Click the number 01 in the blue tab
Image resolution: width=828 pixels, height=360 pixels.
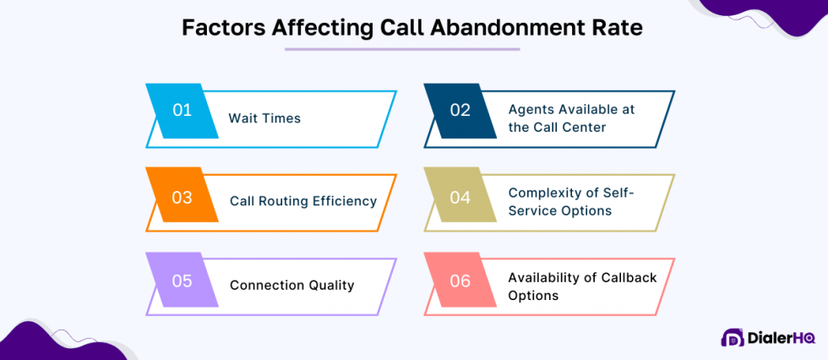[x=182, y=110]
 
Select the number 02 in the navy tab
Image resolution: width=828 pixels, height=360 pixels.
[x=460, y=110]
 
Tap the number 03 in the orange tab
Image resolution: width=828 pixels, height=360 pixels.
[x=182, y=198]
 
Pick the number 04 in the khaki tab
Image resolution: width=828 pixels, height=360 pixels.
[x=460, y=198]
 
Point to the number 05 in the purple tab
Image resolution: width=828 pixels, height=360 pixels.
[x=182, y=281]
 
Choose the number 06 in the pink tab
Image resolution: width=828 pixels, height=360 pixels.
[x=460, y=281]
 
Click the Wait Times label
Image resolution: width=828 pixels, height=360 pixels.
[x=264, y=118]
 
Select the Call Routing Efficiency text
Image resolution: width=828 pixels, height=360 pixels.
[x=303, y=201]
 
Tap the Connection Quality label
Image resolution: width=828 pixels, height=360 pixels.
[x=291, y=285]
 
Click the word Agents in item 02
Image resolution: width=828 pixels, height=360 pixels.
[x=531, y=110]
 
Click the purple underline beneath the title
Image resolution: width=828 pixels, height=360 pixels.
[x=401, y=49]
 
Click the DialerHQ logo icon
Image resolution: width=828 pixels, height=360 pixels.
[x=732, y=337]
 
